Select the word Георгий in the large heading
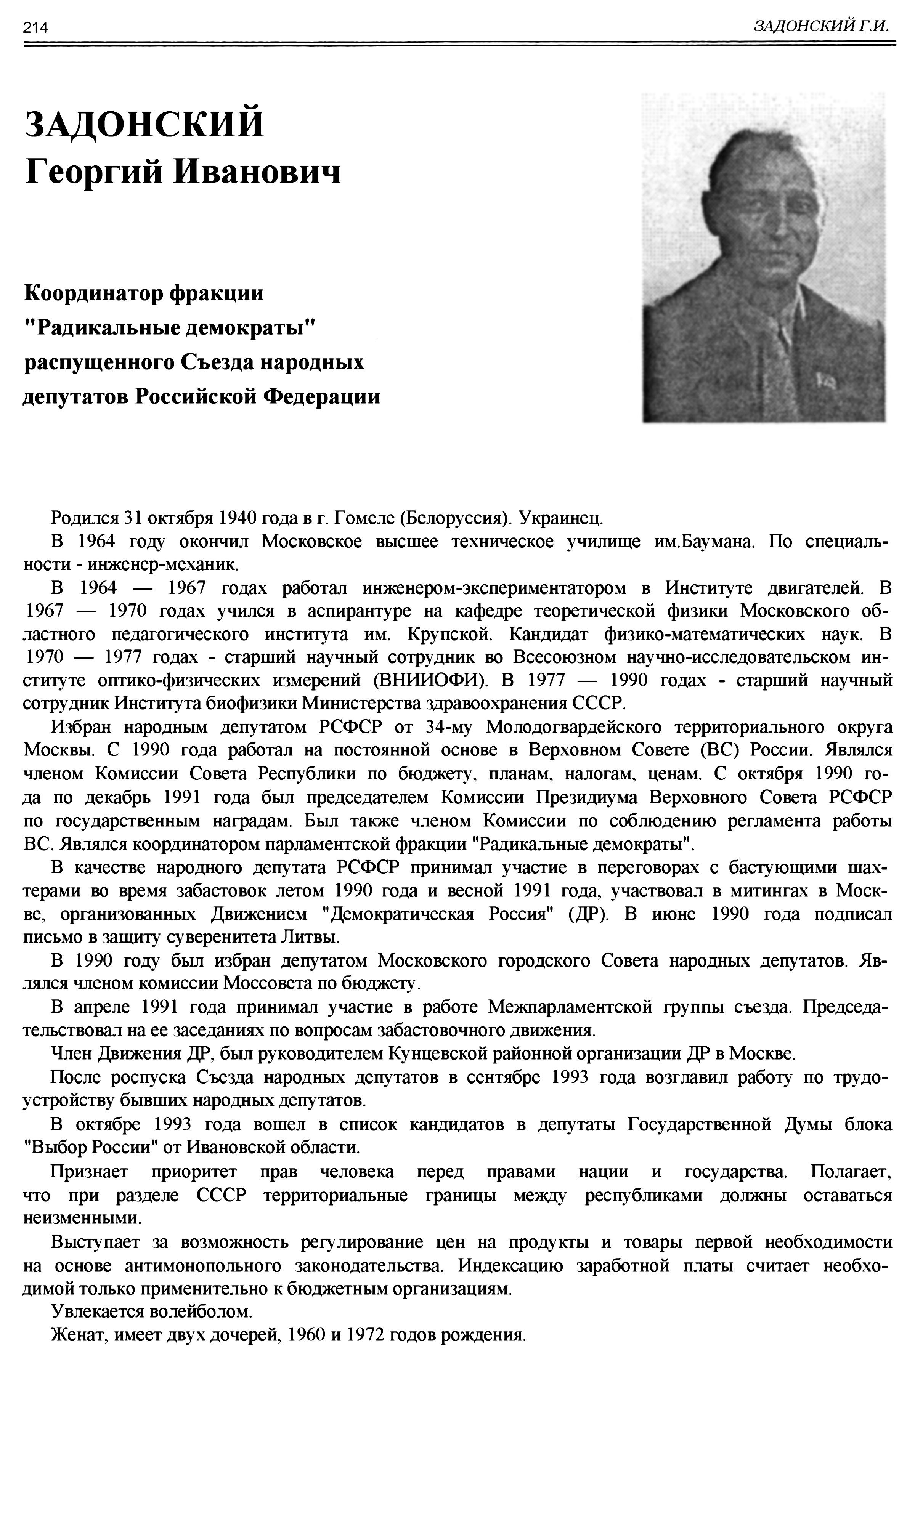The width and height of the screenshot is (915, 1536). [x=94, y=172]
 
